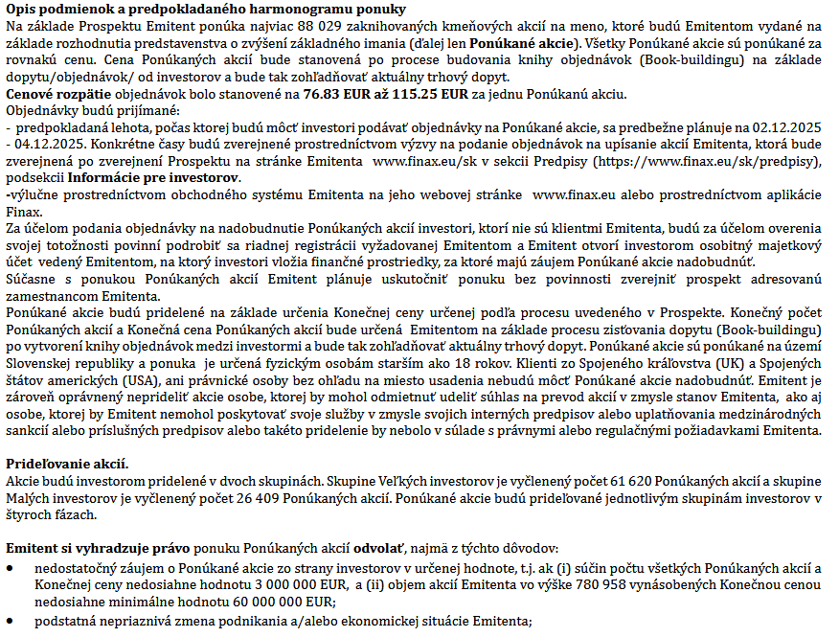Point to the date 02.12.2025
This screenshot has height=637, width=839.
tap(782, 125)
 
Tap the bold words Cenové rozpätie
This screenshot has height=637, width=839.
tap(58, 95)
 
